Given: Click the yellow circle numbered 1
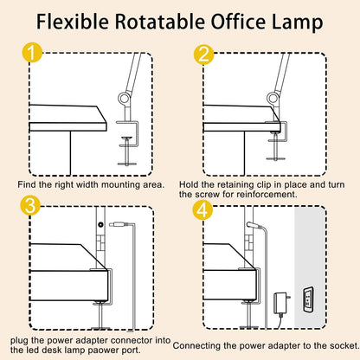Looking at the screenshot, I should pyautogui.click(x=31, y=55).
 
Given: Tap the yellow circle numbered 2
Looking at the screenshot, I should pyautogui.click(x=204, y=55).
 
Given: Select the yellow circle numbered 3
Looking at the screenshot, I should pyautogui.click(x=31, y=208).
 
